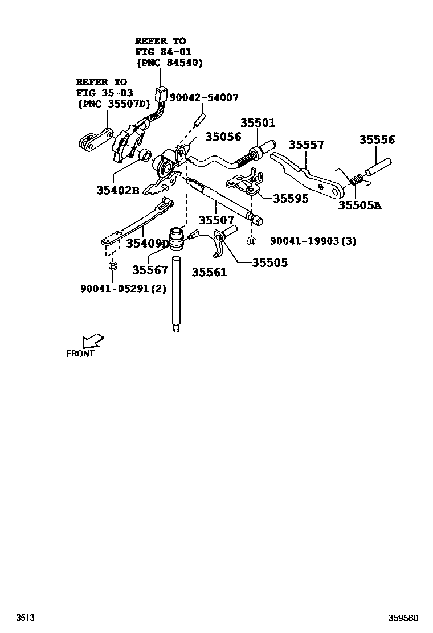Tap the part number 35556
[377, 140]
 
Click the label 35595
[291, 198]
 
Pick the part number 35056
[223, 137]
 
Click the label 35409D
[148, 244]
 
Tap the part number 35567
[150, 269]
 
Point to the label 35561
[209, 272]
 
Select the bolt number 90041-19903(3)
[313, 241]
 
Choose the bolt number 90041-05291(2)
[123, 288]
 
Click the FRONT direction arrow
[92, 341]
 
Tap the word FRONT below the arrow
[80, 354]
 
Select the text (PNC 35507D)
[113, 104]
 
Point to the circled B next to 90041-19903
[251, 241]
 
